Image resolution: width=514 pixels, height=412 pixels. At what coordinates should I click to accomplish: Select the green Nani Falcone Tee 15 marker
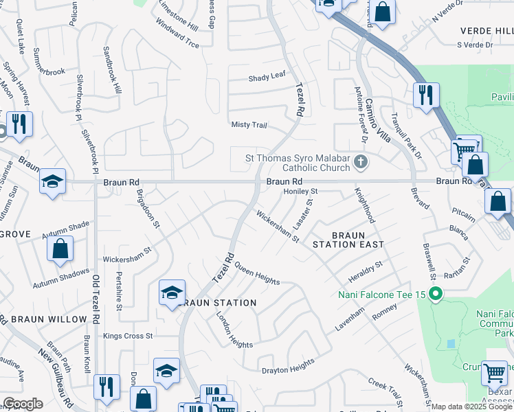tap(434, 295)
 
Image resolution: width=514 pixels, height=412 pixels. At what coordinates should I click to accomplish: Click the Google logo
tap(23, 404)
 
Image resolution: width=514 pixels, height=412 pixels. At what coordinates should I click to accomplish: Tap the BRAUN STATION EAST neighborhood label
tap(348, 240)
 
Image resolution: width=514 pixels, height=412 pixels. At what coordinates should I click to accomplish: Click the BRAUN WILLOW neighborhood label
tap(48, 319)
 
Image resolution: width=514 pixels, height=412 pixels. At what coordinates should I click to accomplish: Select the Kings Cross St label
tap(127, 336)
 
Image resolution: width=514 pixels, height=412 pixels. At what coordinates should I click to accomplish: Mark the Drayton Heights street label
tap(288, 369)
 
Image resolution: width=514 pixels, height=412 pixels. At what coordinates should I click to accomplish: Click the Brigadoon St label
tap(148, 208)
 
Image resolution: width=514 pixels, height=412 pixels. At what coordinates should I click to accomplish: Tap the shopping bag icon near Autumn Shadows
tap(60, 249)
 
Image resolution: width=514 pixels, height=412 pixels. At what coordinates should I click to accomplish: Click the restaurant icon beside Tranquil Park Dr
tap(426, 95)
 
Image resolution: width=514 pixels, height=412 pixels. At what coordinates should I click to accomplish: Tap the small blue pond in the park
tap(451, 343)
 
